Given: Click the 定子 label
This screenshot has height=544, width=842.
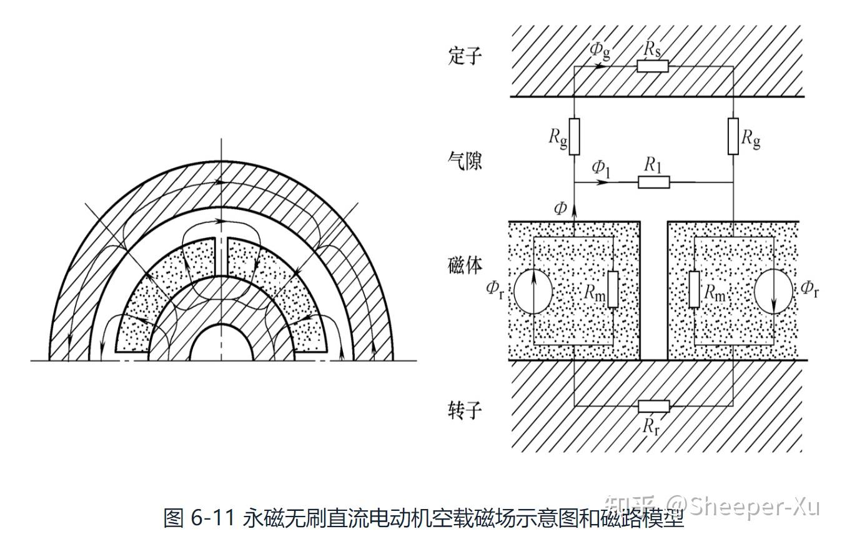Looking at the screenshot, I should [x=465, y=56].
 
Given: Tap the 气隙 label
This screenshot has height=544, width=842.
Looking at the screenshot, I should [x=465, y=161].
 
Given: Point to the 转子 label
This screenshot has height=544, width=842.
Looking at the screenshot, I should [x=465, y=410].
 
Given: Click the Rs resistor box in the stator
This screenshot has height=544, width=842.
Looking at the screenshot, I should [x=652, y=66].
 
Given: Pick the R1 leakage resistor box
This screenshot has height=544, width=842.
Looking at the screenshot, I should [x=653, y=182].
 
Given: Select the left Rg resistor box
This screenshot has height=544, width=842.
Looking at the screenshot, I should [x=574, y=137].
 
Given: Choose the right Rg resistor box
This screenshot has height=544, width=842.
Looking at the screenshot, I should [x=733, y=137].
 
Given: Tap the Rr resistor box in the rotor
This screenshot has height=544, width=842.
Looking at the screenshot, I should [x=653, y=406].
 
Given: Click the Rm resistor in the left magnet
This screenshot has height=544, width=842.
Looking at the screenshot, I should [x=613, y=290].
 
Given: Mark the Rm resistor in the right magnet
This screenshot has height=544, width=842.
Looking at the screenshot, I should [x=694, y=290].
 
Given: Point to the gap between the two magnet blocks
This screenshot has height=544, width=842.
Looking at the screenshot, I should [x=654, y=290].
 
